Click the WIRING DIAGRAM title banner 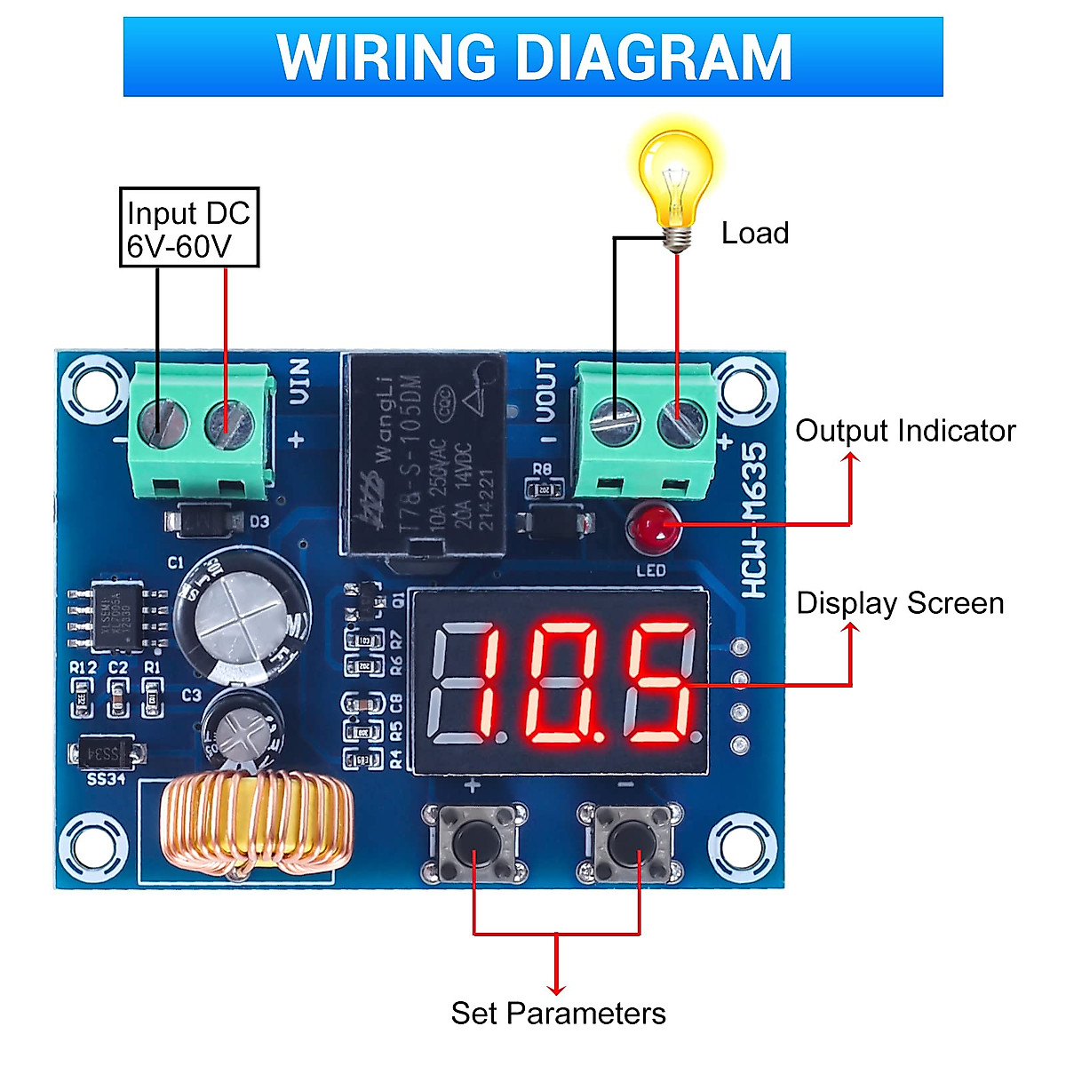coord(533,57)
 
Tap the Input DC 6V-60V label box coord(188,227)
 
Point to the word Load coord(754,234)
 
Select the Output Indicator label coord(904,431)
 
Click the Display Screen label coord(899,603)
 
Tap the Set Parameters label coord(558,1014)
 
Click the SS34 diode coord(106,754)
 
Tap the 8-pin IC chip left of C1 coord(116,614)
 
